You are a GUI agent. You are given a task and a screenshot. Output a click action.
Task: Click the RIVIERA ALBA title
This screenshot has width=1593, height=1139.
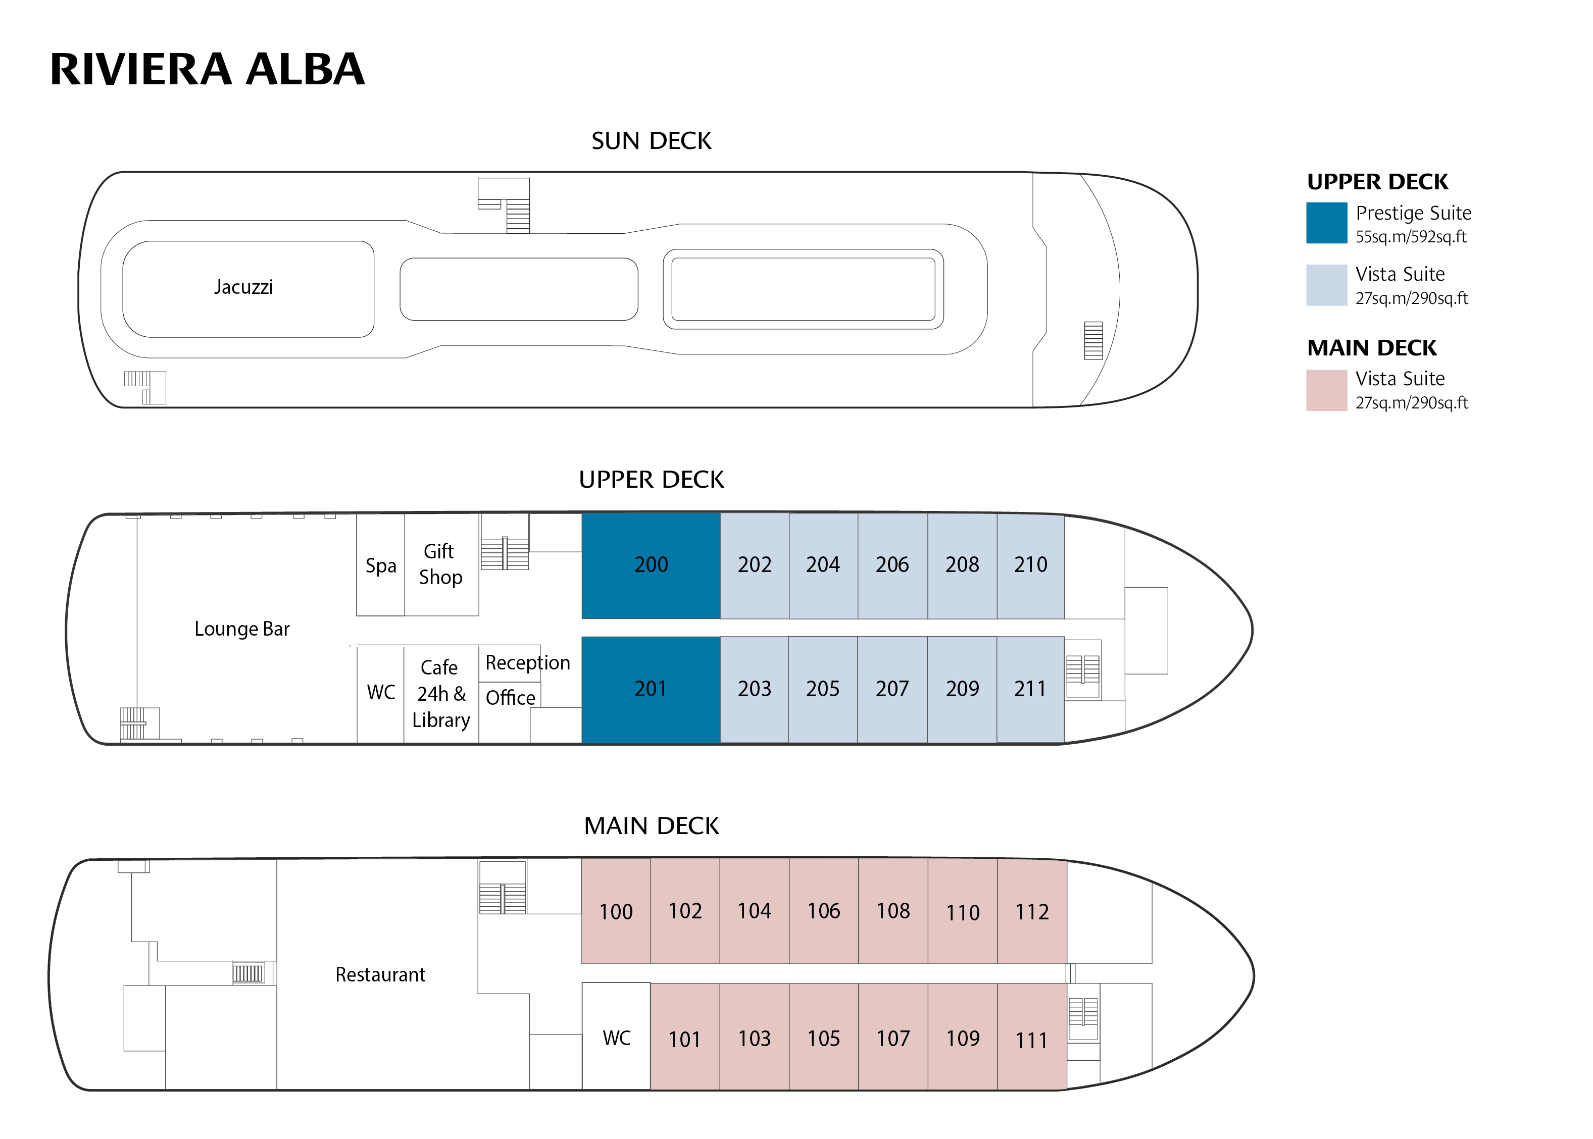[x=207, y=70]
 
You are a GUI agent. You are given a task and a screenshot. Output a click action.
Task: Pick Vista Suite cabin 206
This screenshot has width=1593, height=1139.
[x=891, y=565]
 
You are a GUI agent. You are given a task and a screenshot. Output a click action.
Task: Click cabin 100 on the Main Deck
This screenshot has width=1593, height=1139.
[x=615, y=912]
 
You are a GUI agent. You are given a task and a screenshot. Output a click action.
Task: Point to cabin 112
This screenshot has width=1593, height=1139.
[x=1032, y=912]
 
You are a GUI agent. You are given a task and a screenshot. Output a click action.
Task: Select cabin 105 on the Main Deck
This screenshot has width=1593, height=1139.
[x=823, y=1039]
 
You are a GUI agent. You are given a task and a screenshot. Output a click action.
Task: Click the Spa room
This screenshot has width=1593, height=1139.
[x=380, y=565]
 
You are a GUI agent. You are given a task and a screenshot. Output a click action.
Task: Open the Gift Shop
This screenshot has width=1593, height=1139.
[x=440, y=564]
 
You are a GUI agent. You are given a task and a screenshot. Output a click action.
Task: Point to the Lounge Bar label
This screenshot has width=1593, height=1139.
[x=241, y=629]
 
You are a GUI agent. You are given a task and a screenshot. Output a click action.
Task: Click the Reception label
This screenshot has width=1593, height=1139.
[x=527, y=663]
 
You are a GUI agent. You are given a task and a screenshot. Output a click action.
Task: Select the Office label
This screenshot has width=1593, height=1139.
[x=510, y=698]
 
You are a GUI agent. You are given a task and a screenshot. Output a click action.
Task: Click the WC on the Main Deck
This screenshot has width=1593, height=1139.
[x=616, y=1038]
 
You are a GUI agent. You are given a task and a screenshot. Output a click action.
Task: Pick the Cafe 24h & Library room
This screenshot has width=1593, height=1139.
[x=440, y=694]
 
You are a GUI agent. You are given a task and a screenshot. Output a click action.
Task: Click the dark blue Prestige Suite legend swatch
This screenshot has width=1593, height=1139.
[x=1326, y=223]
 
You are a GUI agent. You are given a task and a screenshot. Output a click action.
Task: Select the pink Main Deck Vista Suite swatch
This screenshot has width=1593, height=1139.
[x=1326, y=390]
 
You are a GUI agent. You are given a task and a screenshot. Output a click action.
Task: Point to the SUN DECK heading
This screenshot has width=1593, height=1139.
[x=651, y=141]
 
